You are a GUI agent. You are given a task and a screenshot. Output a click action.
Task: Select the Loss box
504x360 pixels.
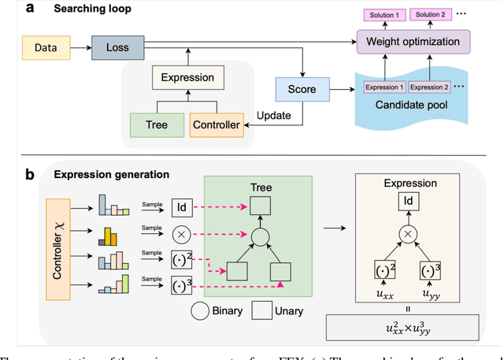coord(117,47)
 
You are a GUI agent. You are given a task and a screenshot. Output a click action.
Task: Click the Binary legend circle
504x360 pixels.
coord(201,310)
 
